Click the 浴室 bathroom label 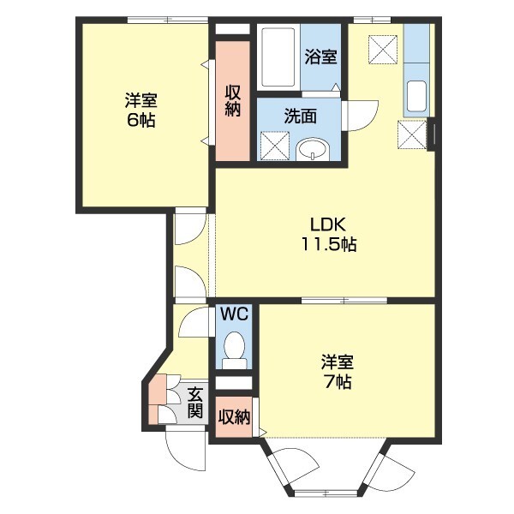pos(321,57)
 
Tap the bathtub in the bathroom pos(278,57)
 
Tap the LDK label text pos(327,224)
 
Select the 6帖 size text pos(141,120)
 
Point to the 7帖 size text pos(337,381)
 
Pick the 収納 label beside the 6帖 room pos(233,100)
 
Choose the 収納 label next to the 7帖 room pos(233,417)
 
